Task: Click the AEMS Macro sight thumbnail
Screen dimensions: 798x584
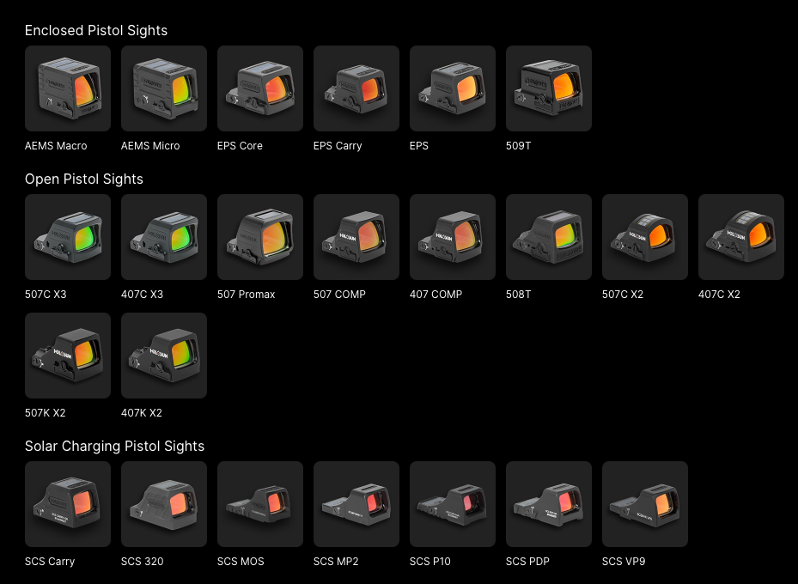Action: (68, 88)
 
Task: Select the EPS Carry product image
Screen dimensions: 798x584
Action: (356, 88)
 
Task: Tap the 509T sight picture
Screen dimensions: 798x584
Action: (549, 88)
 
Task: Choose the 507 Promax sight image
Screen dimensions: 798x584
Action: (260, 237)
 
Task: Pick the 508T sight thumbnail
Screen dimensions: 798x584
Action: (549, 237)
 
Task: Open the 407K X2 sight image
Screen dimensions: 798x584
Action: (164, 356)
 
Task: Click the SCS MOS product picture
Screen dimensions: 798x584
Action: (260, 504)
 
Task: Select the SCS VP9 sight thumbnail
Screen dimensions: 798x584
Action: (645, 504)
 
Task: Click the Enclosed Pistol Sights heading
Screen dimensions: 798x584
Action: (96, 31)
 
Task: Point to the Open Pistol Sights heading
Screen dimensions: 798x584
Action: (84, 179)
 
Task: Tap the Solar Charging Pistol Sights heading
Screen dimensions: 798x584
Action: (114, 446)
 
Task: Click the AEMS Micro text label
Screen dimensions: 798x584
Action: (150, 146)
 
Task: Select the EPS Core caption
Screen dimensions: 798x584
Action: (240, 146)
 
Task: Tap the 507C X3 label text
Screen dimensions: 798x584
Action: (46, 295)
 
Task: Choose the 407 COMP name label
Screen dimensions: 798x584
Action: (436, 295)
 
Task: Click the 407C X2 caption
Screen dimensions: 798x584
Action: (719, 295)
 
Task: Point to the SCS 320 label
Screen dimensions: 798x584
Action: (143, 562)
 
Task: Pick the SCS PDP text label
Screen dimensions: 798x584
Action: (527, 562)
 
